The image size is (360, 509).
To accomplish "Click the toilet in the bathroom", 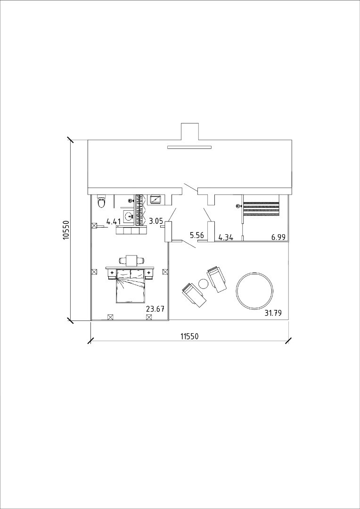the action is point(101,201).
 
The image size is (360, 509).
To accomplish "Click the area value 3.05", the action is point(155,221).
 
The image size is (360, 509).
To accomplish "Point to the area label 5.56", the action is point(197,236).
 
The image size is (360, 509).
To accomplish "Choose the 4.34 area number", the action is point(226,237).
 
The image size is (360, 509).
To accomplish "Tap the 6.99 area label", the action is point(278,237).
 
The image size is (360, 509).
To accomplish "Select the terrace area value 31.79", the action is point(273,313).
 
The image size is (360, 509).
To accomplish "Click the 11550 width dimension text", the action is point(189,337).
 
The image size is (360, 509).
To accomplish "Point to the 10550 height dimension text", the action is point(66,230).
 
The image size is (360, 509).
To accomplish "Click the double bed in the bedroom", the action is point(130,286).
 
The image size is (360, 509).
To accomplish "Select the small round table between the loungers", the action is point(203,284).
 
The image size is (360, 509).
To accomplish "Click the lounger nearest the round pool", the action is point(217,279).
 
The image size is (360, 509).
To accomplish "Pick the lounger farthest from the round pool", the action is point(194,295).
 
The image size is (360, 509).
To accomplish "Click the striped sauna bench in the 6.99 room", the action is point(262,209).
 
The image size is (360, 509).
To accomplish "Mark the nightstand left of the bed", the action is point(112,274).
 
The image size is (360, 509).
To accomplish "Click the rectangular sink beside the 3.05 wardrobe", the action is point(156,199).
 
